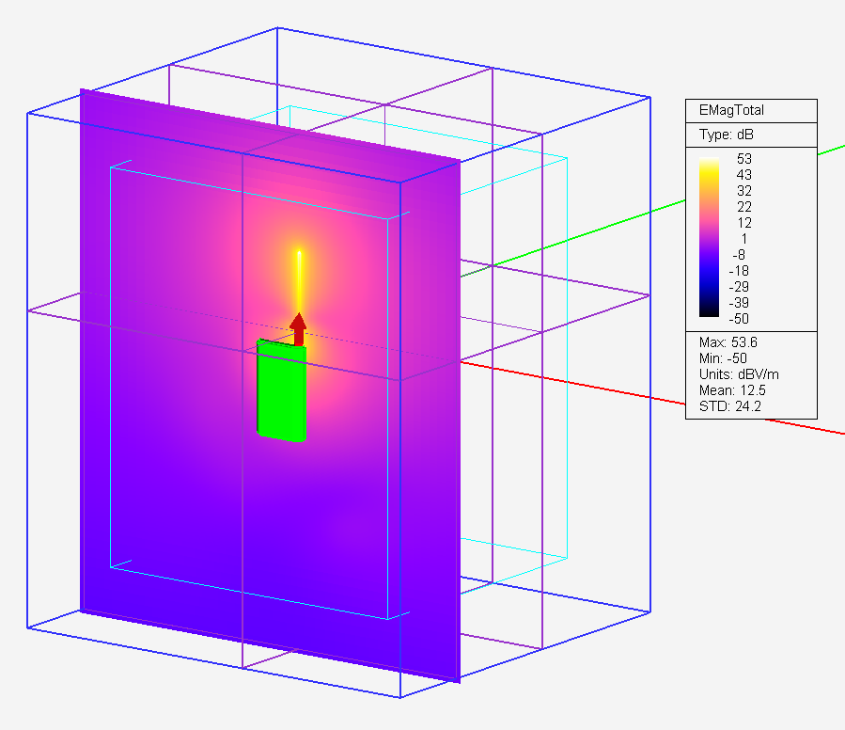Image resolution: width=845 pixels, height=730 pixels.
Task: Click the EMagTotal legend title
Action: click(x=731, y=111)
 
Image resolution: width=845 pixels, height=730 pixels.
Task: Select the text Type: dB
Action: click(x=726, y=135)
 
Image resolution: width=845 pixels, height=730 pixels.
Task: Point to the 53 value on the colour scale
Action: click(x=743, y=159)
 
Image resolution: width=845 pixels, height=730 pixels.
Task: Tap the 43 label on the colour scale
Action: click(x=743, y=175)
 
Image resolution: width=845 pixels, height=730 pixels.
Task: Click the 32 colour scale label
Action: click(x=743, y=191)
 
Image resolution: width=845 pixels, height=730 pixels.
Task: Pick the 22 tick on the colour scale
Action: click(x=743, y=207)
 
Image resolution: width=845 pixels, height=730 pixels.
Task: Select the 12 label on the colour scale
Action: click(x=743, y=223)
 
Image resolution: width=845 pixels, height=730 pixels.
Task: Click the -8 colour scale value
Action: click(x=740, y=255)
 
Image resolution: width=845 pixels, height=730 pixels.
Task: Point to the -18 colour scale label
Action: click(x=739, y=271)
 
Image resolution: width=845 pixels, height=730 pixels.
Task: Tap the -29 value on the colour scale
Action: click(x=739, y=287)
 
